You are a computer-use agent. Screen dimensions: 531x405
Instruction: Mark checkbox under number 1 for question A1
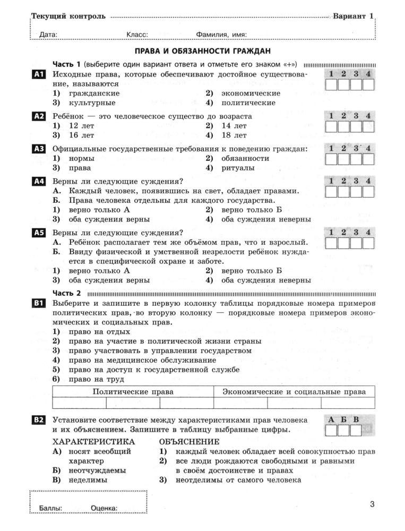[331, 85]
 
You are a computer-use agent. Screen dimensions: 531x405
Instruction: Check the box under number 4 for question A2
[368, 126]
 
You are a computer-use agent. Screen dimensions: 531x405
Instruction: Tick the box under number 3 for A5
[356, 243]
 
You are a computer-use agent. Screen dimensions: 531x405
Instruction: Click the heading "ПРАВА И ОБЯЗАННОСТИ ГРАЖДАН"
[202, 51]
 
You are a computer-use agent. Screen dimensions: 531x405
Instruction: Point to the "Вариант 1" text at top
[354, 16]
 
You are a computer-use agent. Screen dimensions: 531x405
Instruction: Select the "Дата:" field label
[48, 35]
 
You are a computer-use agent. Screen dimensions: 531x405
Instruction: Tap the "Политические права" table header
[133, 392]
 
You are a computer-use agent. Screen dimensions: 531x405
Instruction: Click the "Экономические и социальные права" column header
[294, 392]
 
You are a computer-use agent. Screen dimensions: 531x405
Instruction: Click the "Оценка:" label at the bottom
[104, 508]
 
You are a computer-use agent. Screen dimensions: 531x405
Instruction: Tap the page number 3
[372, 504]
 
